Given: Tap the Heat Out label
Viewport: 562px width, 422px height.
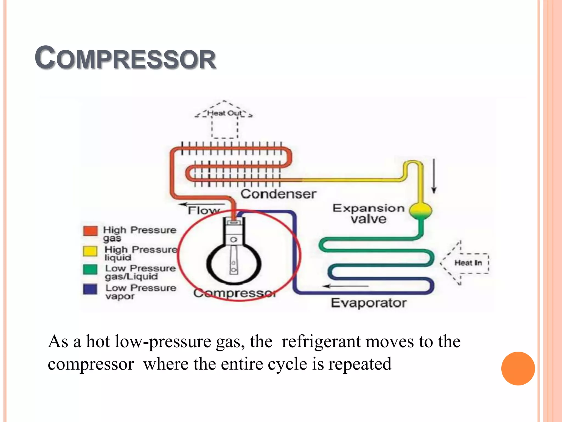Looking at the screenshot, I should click(224, 113).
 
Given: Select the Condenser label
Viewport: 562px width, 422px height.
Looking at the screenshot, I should click(278, 194).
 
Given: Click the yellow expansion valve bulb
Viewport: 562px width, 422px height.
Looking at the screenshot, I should click(420, 211).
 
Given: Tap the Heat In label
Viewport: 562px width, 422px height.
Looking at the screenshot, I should click(468, 263).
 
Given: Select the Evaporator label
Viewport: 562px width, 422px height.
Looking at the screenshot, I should click(369, 303).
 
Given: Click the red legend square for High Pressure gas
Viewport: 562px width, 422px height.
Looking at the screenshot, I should click(90, 231).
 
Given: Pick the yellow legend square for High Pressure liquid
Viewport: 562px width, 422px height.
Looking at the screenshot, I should click(90, 251).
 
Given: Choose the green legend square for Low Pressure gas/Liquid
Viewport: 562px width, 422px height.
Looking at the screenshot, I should click(90, 270).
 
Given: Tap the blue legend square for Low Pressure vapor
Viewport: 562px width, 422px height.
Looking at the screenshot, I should click(90, 289).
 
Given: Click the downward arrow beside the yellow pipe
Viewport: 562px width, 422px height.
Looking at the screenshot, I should click(434, 176).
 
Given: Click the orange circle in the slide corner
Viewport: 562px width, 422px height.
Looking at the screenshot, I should click(518, 368).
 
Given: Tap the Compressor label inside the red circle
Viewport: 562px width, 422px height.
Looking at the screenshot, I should click(235, 293).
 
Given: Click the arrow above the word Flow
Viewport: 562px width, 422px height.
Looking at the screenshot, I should click(202, 204).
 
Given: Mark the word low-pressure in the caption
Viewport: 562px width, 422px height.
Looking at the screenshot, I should click(163, 342).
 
